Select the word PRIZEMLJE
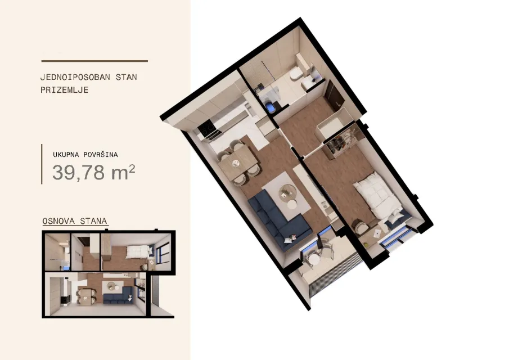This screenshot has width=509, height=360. point(64,90)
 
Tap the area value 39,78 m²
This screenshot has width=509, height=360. point(93,172)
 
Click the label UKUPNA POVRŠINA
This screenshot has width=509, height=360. point(85,155)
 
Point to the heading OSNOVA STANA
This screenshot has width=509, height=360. point(75,221)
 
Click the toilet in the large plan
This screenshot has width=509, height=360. point(296,73)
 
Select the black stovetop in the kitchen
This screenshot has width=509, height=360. point(208,129)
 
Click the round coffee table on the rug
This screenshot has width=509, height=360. point(287,192)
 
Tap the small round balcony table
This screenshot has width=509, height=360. point(313,260)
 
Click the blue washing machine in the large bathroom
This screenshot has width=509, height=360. point(269,106)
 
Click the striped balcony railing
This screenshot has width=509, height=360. point(336,272)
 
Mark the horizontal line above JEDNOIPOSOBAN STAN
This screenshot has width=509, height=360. point(94,61)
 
